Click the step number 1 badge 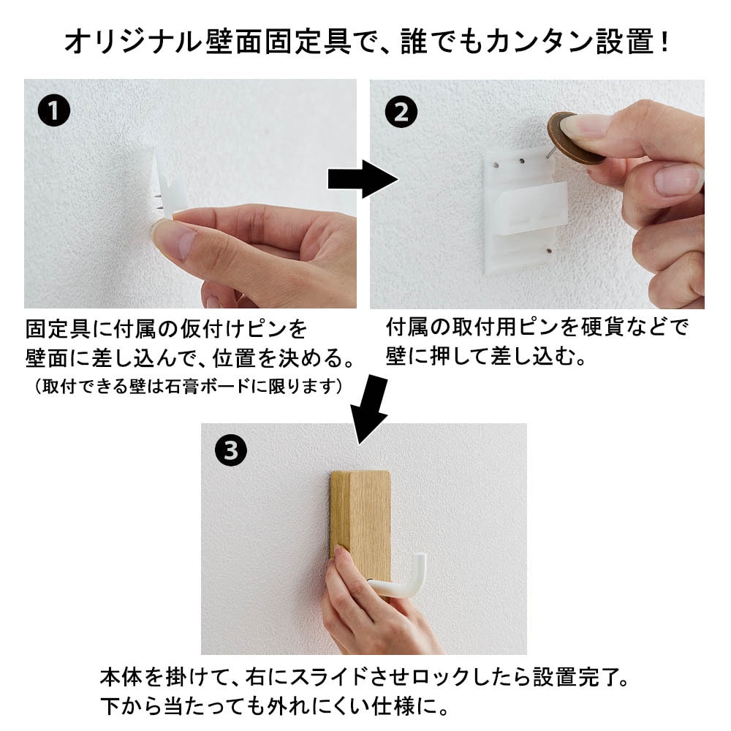54,111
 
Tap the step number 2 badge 401,112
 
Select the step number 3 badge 231,450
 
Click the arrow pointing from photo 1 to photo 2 363,179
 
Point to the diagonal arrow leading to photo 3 371,409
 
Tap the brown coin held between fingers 576,138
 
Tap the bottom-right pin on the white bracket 549,251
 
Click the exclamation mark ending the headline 664,42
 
